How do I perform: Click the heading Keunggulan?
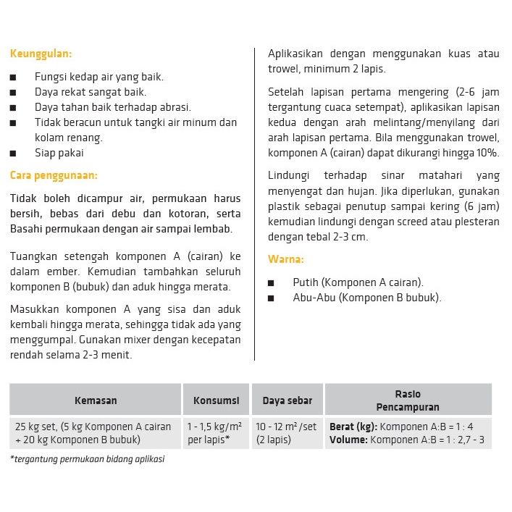pos(41,53)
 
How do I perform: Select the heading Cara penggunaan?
pos(54,175)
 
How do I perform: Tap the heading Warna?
pos(286,259)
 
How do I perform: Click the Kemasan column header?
pos(96,400)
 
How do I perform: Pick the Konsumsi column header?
pos(216,400)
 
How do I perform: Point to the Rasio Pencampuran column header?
pos(408,400)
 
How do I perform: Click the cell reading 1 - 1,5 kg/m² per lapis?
pos(214,433)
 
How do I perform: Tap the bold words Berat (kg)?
pos(353,427)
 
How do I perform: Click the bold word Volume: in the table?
pos(348,440)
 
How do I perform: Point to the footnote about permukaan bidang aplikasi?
pos(88,459)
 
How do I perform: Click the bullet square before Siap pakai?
pos(14,154)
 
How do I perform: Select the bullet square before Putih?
pos(272,283)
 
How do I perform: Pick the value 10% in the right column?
pos(487,153)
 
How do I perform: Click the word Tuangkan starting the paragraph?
pos(35,256)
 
